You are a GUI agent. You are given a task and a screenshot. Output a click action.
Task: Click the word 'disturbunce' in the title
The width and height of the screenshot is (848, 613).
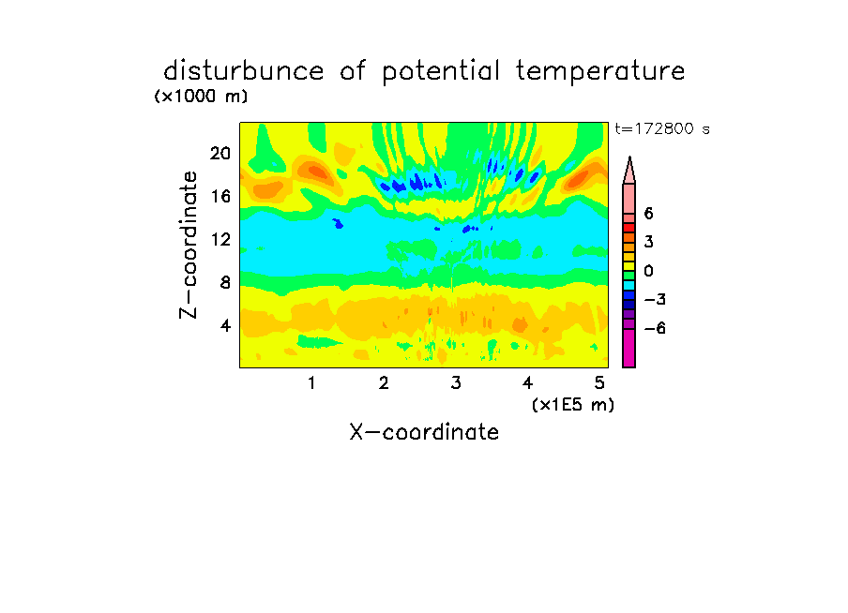coord(243,71)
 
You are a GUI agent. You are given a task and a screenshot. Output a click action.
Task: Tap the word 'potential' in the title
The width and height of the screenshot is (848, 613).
coord(441,72)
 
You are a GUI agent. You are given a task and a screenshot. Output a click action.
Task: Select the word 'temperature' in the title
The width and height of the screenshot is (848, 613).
coord(600,72)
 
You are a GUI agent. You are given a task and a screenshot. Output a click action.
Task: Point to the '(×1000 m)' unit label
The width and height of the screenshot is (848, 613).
coord(201,97)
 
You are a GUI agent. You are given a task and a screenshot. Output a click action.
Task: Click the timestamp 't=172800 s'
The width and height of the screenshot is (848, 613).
coord(662,128)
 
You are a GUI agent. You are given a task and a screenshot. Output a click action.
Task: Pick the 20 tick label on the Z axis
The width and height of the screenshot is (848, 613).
coord(220,154)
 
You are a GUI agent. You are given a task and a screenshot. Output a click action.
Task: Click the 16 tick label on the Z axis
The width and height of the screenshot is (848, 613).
coord(220,196)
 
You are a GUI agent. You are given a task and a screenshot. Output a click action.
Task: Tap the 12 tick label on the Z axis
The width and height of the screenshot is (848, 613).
coord(220,239)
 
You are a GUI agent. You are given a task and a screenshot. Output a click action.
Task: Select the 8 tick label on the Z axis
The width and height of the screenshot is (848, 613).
coord(225,282)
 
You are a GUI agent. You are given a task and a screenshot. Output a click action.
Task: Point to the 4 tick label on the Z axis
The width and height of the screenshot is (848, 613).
coord(225,325)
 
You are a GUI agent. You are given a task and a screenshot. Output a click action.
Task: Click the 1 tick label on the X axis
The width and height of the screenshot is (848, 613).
coord(312,383)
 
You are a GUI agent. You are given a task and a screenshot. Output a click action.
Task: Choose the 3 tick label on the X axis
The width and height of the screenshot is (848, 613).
coord(456,383)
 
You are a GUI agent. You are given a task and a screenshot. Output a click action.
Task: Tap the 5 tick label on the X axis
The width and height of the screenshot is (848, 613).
coord(599,383)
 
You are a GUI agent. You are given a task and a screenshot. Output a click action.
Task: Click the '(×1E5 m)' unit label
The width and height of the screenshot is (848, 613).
coord(573,405)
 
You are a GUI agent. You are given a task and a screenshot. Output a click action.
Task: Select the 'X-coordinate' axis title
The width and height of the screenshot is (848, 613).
coord(424,432)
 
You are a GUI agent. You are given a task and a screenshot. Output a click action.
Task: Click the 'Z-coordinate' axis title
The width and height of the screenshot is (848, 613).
coord(189,245)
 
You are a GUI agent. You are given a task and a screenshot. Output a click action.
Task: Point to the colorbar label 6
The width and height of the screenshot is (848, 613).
coord(648,214)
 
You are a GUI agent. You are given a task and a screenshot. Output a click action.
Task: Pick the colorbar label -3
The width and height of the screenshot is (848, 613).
coord(655,300)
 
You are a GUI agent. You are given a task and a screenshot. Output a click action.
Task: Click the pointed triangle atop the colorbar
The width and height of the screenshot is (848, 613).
coord(629,171)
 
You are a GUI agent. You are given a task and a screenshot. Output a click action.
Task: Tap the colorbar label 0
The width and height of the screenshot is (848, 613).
coord(648,271)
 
